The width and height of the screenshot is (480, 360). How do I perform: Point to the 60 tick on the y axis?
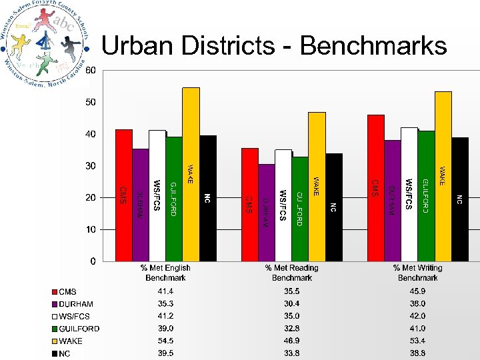90,70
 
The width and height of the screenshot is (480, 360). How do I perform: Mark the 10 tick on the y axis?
90,229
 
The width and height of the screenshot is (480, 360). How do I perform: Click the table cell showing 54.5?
165,341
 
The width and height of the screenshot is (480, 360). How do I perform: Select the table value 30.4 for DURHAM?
291,304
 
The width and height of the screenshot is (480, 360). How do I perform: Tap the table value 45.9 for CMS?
417,292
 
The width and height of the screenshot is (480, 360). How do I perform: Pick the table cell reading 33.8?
291,353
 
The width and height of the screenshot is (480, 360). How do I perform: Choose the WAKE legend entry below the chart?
71,341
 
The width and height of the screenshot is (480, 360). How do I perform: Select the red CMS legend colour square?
55,292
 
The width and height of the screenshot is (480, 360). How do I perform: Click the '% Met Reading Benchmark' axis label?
291,272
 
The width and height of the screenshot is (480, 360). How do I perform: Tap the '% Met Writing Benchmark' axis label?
417,272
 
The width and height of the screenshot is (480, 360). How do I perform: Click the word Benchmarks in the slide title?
373,45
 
